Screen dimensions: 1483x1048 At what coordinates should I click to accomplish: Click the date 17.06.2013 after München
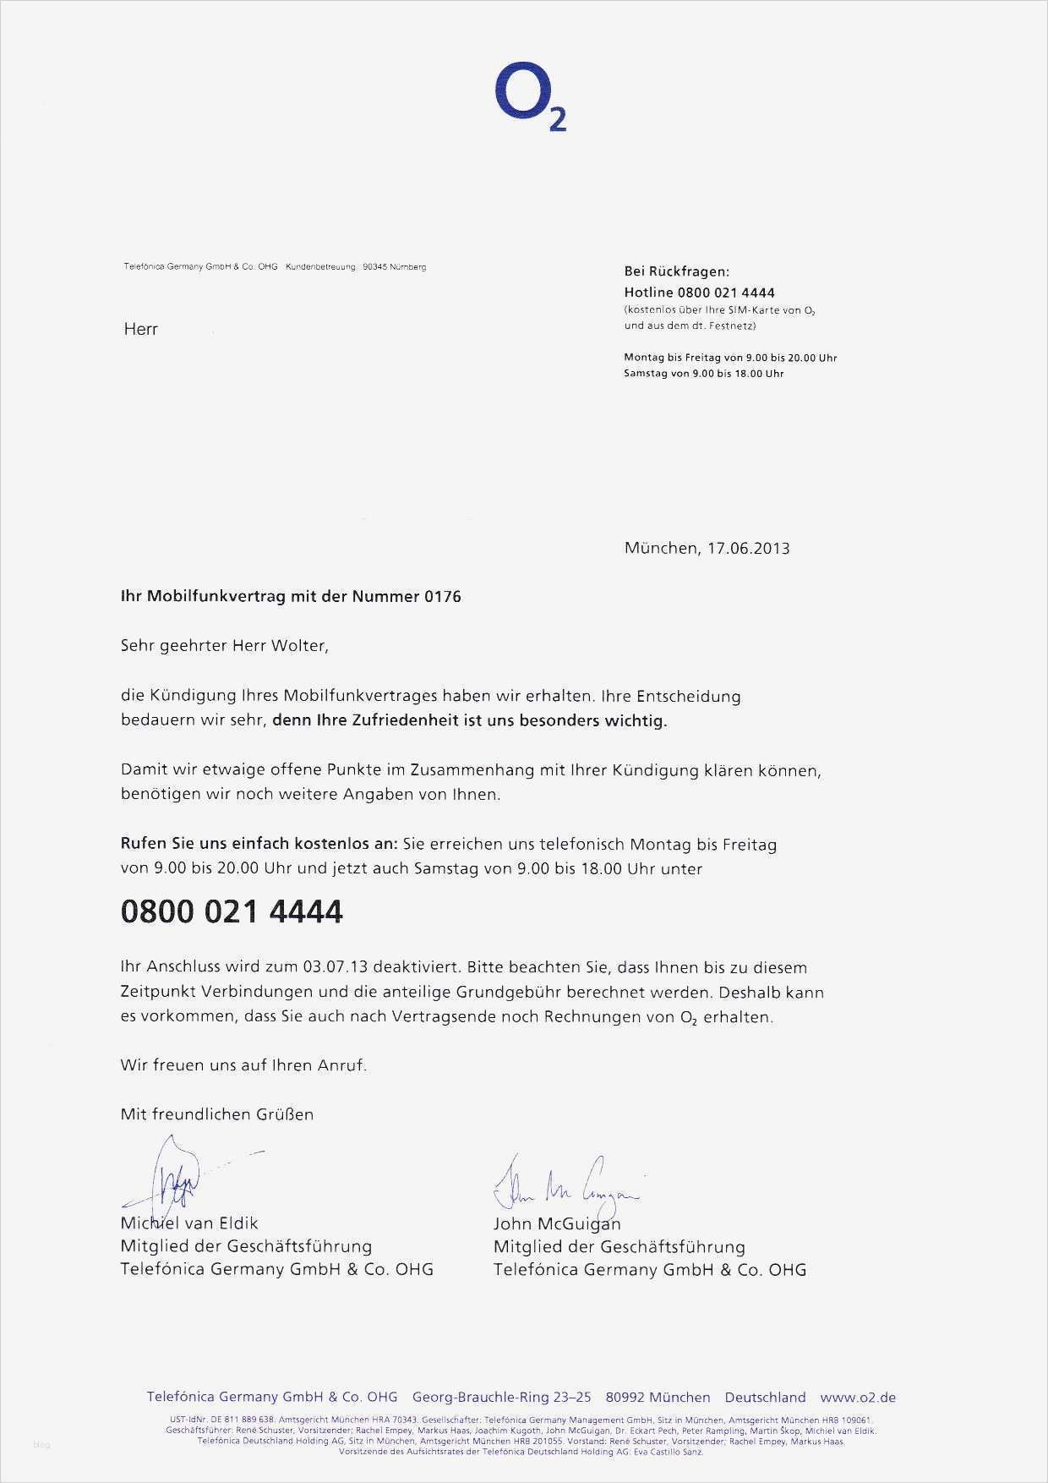(748, 548)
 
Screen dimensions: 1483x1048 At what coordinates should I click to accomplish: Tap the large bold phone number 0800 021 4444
(232, 911)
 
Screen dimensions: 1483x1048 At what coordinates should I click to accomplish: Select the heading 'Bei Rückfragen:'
(676, 271)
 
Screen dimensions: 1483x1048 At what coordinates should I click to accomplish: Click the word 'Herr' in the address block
(140, 329)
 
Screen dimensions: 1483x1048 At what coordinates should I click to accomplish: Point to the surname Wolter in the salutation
(297, 646)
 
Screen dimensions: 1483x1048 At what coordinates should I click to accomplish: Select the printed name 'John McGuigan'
(556, 1223)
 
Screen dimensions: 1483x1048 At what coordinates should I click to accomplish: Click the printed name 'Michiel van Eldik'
(189, 1223)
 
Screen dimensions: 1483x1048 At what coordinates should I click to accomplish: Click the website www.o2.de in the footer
(857, 1398)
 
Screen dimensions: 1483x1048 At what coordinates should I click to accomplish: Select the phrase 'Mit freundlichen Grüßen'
(217, 1114)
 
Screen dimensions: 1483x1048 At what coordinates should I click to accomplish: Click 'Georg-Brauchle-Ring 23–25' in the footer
(501, 1398)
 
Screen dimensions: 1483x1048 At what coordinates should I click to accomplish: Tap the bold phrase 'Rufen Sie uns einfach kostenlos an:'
(258, 844)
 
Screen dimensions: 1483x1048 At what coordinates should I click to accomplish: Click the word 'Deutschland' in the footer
(765, 1398)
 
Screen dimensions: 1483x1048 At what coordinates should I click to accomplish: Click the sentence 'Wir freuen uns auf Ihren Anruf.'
(243, 1065)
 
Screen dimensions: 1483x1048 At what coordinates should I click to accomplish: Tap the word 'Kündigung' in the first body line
(188, 697)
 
